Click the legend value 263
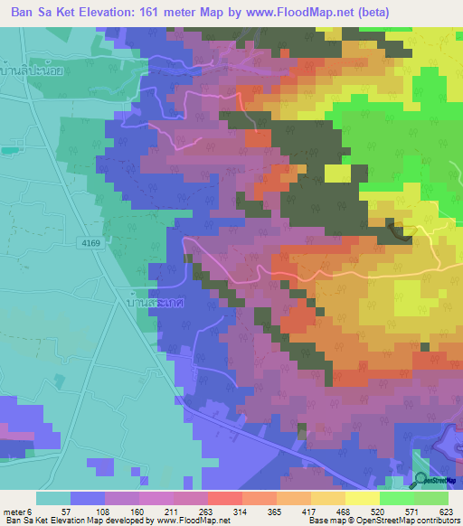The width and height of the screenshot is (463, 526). (232, 512)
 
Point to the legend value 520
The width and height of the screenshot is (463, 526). (407, 512)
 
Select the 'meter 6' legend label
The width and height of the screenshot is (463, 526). (20, 512)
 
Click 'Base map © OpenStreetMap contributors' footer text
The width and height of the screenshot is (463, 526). (383, 521)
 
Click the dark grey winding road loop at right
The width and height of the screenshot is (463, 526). (402, 231)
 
